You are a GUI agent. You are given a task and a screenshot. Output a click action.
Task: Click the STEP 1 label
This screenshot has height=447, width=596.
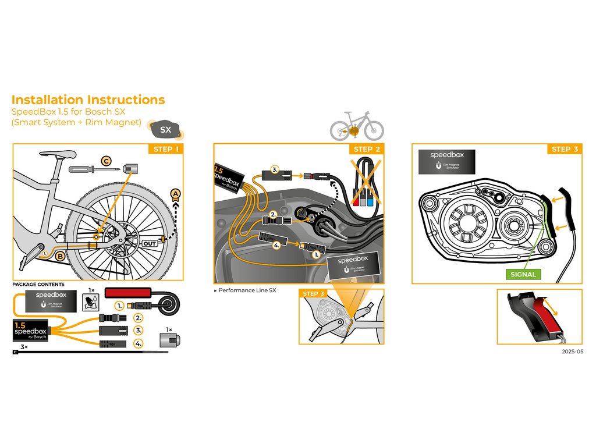click(166, 150)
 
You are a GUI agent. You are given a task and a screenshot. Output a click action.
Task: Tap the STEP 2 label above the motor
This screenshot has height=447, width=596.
click(367, 150)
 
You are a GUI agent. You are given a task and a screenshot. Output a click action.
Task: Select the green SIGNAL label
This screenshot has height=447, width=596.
click(523, 274)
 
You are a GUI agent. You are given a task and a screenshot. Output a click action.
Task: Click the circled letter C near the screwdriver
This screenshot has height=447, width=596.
click(106, 161)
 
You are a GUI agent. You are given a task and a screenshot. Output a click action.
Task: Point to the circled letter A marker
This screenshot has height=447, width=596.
click(175, 193)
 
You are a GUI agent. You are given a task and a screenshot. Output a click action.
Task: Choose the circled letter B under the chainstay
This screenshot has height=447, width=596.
click(60, 254)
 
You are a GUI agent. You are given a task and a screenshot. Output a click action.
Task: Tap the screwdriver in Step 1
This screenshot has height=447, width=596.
click(93, 169)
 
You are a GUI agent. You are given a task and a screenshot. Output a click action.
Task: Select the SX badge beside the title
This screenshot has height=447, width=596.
click(166, 129)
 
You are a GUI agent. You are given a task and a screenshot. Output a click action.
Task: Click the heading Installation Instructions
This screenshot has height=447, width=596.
click(88, 100)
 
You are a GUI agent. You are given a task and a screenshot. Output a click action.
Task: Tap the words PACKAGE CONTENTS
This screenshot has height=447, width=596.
click(38, 285)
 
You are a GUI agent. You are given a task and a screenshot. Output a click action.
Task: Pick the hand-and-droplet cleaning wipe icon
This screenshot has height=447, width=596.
click(90, 301)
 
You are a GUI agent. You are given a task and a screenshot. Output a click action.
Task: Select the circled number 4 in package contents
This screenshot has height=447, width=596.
click(138, 343)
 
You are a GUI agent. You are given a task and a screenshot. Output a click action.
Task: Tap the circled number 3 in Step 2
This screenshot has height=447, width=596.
click(275, 171)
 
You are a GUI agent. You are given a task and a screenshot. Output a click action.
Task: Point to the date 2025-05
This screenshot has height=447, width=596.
click(572, 352)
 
